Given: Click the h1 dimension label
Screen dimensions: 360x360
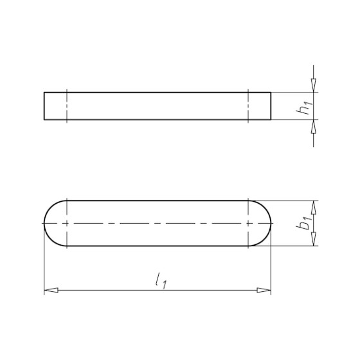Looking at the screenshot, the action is pos(305,107).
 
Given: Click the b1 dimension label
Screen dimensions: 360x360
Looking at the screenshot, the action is pos(305,222).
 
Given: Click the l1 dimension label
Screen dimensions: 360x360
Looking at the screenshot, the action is pos(161,281).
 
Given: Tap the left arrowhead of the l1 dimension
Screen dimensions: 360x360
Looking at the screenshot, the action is pos(51,290).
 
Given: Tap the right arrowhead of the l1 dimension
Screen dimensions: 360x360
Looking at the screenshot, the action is pos(264,290).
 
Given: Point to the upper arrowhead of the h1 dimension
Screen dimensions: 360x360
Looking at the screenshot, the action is pos(314,85).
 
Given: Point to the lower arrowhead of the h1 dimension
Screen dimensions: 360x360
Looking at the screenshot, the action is pos(314,127).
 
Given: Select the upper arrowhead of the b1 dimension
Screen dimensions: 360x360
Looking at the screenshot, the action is pos(314,208).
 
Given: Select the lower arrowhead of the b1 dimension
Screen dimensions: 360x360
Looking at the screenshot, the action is pos(314,239).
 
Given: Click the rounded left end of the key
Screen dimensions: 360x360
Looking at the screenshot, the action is pos(44,223).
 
